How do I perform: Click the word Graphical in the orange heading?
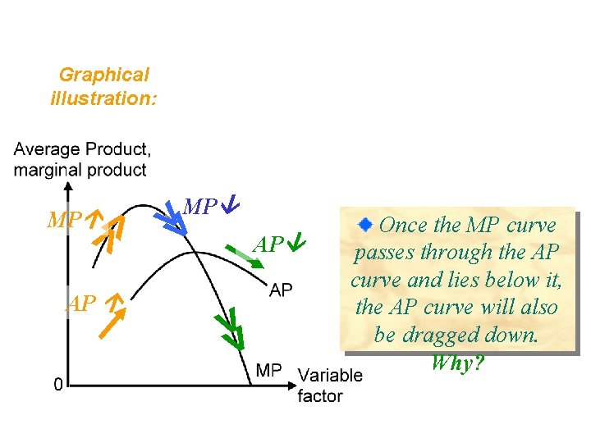(103, 75)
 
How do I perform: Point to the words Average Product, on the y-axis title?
(81, 150)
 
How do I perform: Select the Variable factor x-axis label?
(329, 386)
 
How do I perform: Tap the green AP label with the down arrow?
(278, 244)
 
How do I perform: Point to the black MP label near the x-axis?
(269, 371)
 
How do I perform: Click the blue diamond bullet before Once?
(369, 223)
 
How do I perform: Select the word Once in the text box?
(410, 225)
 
